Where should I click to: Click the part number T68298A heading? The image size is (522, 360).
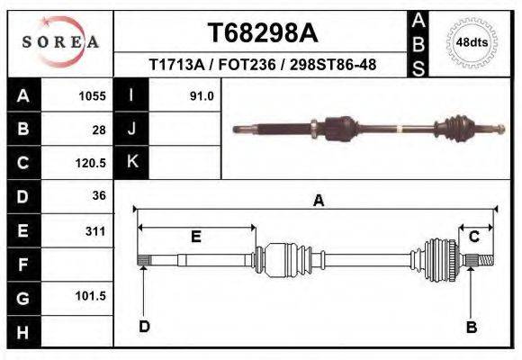point(263,32)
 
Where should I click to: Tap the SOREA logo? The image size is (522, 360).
point(60,42)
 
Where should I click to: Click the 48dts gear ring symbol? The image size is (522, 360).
point(472,41)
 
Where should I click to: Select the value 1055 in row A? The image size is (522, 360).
point(93,94)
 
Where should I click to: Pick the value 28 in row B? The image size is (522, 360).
point(99,129)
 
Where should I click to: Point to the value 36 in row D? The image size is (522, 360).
point(99,196)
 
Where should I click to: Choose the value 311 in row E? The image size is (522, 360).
point(95,230)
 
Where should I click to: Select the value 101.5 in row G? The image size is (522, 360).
point(92,296)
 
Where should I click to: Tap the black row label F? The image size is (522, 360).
point(23,264)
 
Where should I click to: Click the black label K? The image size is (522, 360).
point(131,162)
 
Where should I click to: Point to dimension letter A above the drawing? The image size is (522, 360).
point(318,202)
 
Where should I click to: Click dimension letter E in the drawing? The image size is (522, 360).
point(195,237)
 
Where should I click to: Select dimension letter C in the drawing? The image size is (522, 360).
point(473,236)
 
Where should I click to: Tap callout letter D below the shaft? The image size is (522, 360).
point(144,326)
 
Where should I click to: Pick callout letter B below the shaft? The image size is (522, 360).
point(471,328)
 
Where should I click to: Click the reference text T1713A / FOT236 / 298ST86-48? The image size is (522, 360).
point(262,65)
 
